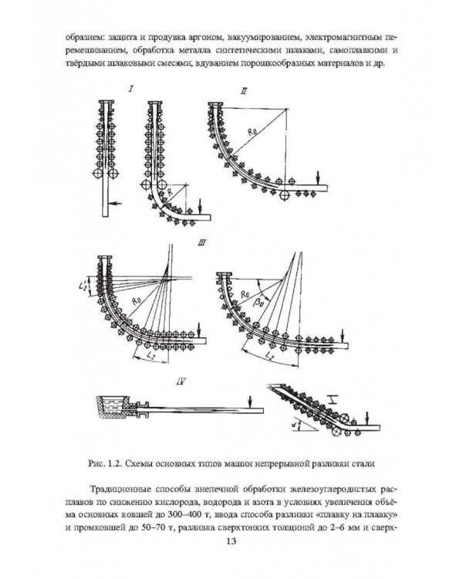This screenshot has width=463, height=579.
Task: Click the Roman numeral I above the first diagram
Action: [131, 88]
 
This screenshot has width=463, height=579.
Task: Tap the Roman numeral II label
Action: [243, 90]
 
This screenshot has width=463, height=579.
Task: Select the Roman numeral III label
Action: [202, 243]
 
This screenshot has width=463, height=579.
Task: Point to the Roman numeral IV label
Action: [181, 381]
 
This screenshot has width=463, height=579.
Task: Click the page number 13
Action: [231, 541]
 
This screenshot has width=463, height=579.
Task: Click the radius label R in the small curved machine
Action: [170, 192]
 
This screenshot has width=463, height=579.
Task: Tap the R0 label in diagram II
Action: [253, 131]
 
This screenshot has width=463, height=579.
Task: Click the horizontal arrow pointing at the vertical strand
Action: [115, 203]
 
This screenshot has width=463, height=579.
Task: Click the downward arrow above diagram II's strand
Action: [318, 178]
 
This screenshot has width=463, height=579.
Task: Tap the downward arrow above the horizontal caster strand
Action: [250, 401]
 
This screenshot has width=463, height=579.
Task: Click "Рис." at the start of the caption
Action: [96, 464]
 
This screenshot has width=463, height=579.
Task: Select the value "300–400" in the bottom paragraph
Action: [184, 514]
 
